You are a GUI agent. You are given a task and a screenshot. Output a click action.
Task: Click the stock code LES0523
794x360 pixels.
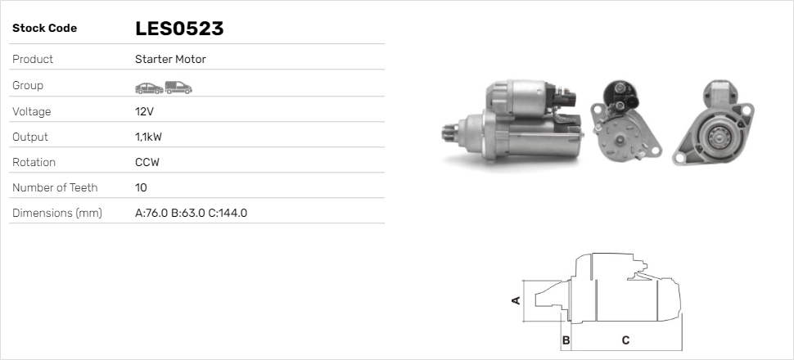179,29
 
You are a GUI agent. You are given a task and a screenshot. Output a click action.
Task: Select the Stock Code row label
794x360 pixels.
44,29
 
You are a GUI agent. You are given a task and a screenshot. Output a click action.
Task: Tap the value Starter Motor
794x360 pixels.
170,60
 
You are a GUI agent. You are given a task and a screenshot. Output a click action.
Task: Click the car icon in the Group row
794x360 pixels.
148,87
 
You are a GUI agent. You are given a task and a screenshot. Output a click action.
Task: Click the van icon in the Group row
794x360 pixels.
178,87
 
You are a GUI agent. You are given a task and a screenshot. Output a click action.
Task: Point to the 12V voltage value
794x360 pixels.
144,111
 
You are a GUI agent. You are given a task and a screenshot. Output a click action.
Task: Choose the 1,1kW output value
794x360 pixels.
149,137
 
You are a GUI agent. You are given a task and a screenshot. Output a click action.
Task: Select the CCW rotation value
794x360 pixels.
147,162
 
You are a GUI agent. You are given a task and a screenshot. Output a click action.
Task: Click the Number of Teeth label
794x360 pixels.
55,187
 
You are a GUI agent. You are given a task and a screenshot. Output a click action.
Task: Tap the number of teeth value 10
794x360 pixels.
141,187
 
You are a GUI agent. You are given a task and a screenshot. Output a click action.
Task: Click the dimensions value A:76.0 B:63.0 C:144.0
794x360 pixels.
191,214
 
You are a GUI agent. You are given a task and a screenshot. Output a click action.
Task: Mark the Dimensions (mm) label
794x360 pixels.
57,214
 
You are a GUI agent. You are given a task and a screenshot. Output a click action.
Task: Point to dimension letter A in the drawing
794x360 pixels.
517,300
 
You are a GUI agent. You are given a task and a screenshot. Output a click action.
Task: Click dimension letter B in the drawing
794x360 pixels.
566,340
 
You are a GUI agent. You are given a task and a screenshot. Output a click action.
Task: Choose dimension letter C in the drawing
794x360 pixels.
625,340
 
